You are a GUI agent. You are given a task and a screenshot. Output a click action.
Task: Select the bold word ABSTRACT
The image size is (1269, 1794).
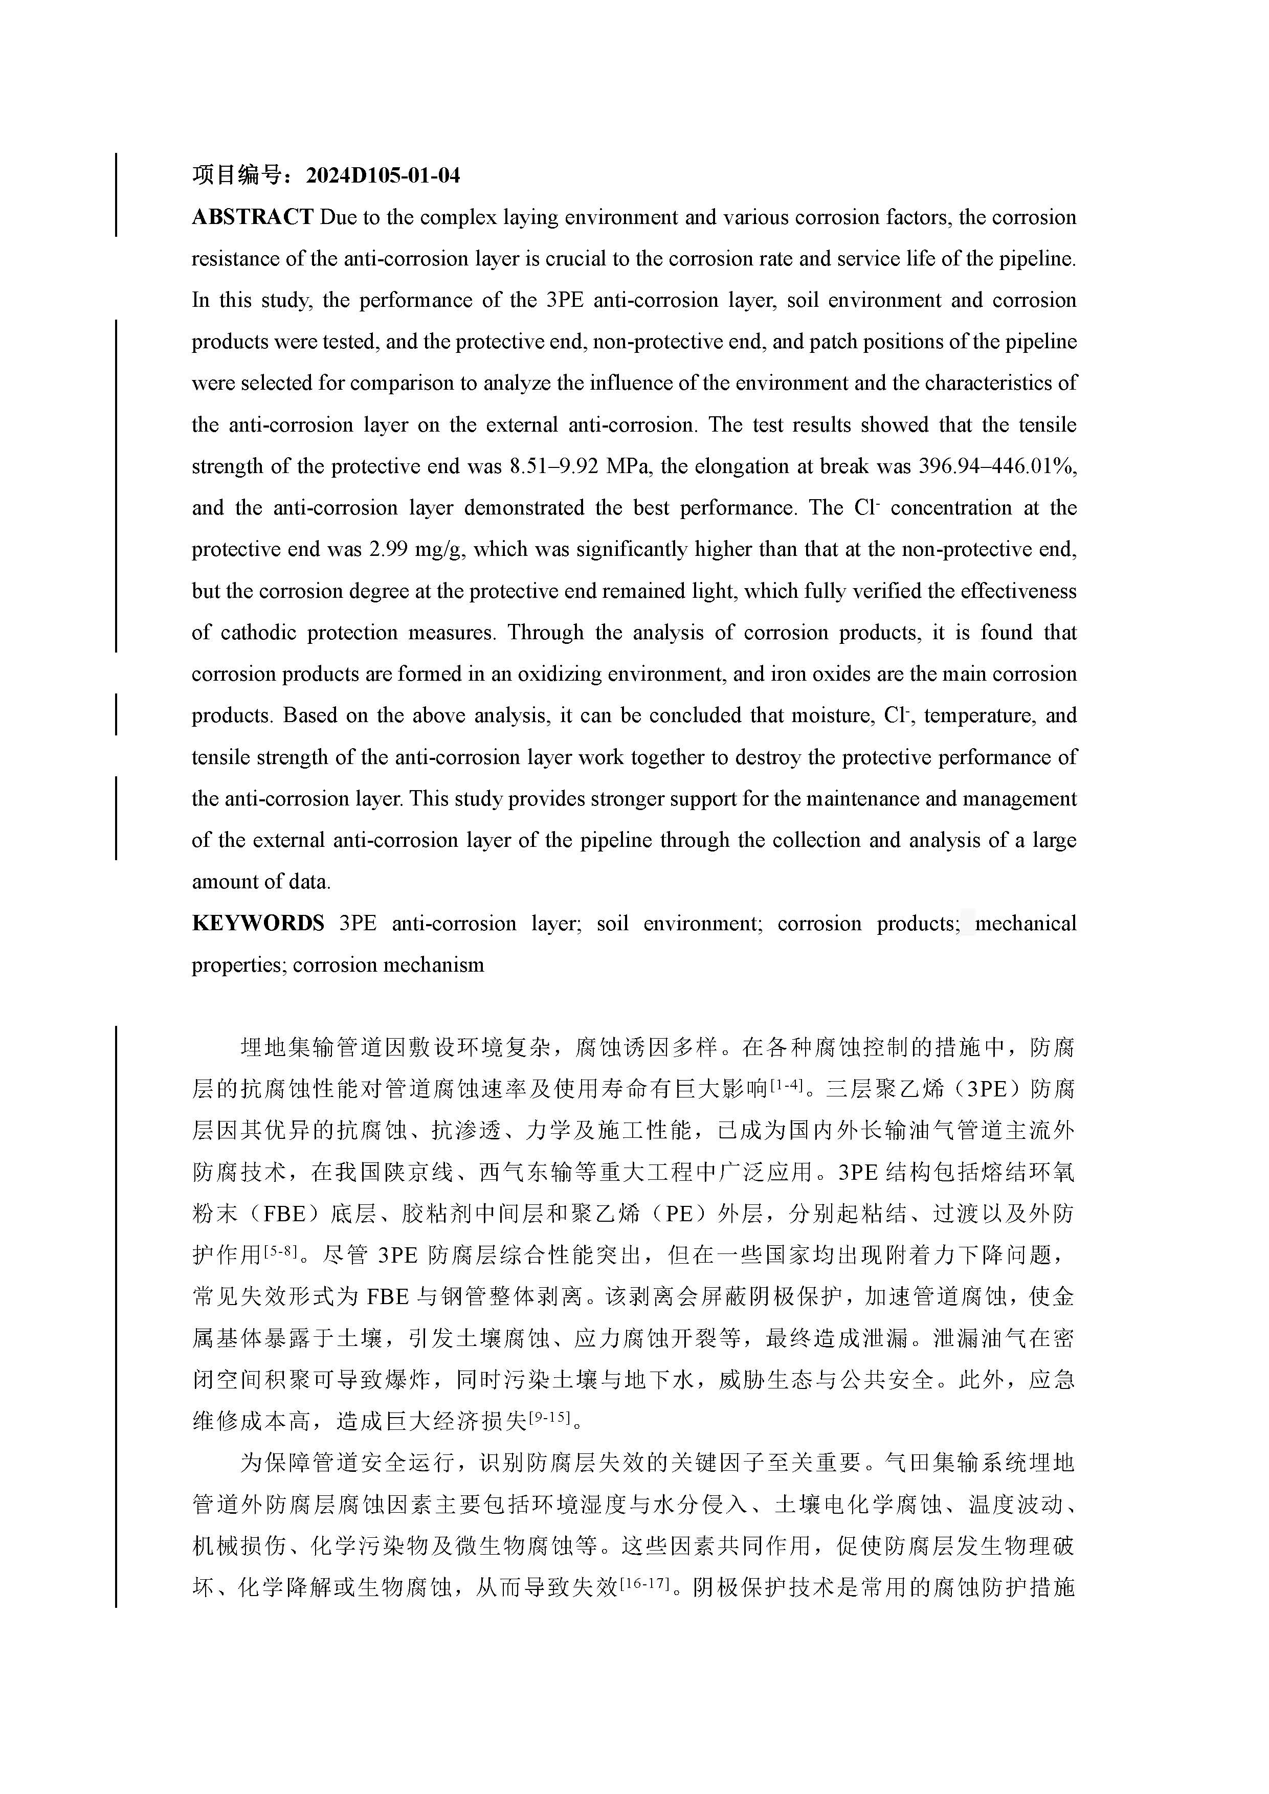tap(252, 217)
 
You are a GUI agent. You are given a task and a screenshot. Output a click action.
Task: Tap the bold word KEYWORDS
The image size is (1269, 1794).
tap(258, 924)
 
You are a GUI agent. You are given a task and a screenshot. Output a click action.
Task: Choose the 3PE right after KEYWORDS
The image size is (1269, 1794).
tap(358, 924)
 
